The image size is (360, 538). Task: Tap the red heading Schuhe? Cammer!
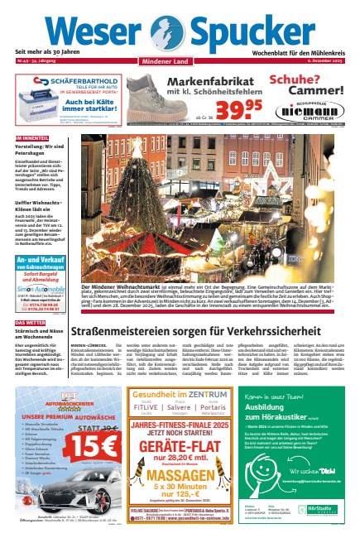[x=308, y=85]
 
